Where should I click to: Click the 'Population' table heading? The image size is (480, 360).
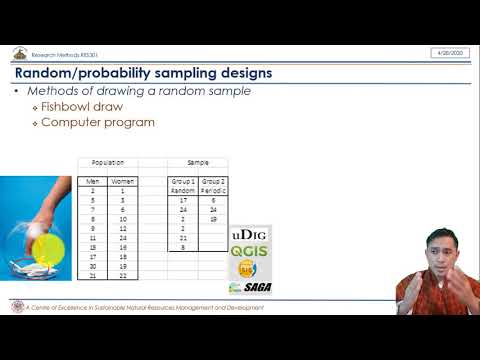coord(108,162)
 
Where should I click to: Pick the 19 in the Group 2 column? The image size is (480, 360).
coord(214,218)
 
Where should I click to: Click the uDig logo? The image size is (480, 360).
coord(250,235)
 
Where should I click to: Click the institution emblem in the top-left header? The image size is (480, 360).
coord(19,53)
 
